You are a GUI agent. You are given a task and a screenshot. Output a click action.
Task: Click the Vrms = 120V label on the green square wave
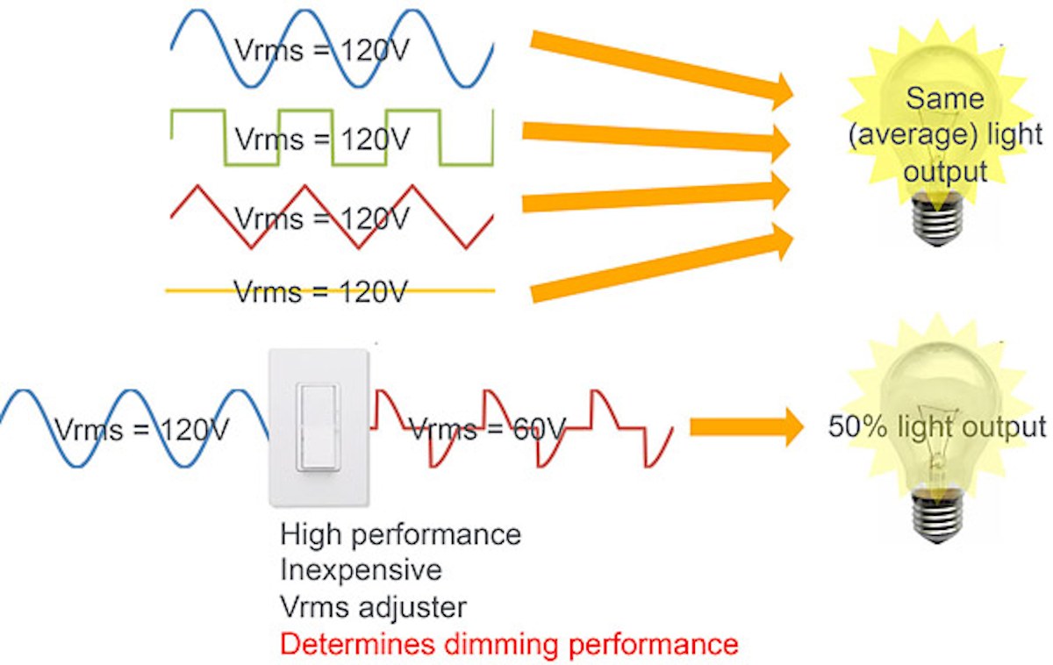[322, 139]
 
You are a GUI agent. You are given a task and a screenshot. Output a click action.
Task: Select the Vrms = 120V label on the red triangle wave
[322, 217]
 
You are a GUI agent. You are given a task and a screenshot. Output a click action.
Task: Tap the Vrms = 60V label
[487, 429]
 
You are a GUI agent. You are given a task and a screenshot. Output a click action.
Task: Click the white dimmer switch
[319, 428]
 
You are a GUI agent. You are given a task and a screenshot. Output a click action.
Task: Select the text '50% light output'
[936, 427]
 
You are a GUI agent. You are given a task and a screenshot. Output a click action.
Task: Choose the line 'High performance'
[400, 534]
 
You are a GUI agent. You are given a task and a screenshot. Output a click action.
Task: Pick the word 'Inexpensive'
[361, 570]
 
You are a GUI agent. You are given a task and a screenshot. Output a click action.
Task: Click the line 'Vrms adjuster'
[374, 606]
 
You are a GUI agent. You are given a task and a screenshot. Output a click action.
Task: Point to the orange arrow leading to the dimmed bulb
[746, 427]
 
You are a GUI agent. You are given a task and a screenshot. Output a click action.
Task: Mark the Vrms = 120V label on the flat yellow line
[320, 290]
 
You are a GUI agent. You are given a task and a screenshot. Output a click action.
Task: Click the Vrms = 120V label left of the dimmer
[142, 429]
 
